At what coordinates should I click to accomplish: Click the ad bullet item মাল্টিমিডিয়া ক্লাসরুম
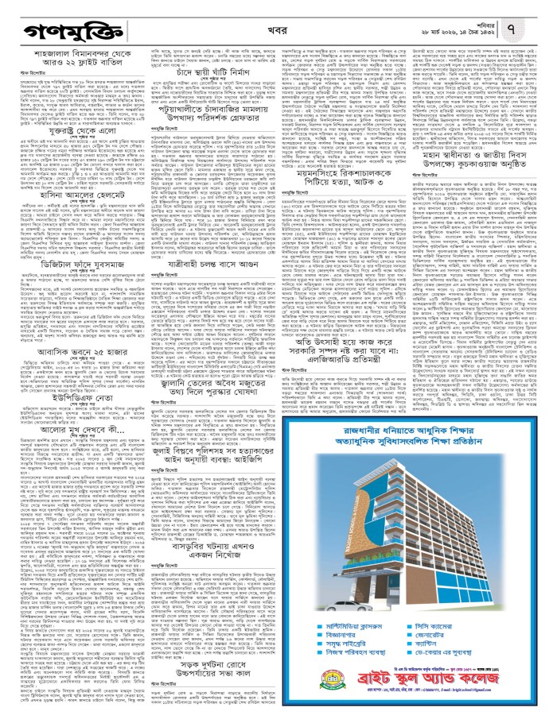click(x=353, y=626)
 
